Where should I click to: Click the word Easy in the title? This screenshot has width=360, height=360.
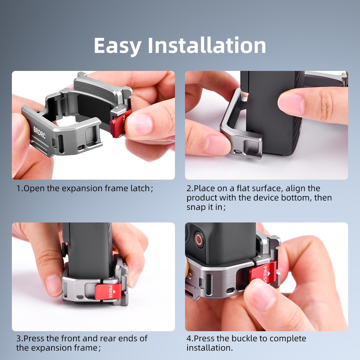(117, 46)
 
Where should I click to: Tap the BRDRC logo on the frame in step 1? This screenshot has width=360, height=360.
(39, 132)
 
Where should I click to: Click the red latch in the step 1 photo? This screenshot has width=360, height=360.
(120, 123)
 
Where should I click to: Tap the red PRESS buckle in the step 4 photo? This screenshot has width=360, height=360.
(263, 272)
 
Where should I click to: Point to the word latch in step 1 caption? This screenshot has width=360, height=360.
(140, 189)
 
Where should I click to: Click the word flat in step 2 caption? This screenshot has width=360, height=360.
(244, 189)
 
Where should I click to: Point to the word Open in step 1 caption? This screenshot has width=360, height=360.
(35, 189)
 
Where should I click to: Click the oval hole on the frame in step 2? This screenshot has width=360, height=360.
(237, 152)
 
